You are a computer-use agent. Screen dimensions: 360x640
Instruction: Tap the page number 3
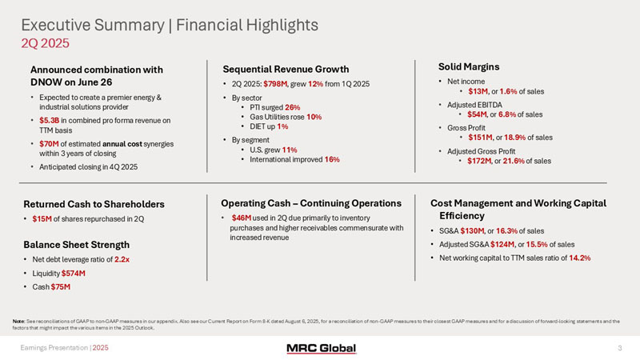coord(620,348)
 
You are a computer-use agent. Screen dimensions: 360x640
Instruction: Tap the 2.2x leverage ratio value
coord(123,261)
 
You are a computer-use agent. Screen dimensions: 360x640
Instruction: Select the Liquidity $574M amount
coord(74,274)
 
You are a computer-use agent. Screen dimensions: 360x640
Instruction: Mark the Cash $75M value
coord(61,286)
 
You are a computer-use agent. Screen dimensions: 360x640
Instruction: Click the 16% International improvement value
coord(331,160)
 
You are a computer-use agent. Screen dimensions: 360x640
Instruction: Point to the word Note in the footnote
coord(28,321)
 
